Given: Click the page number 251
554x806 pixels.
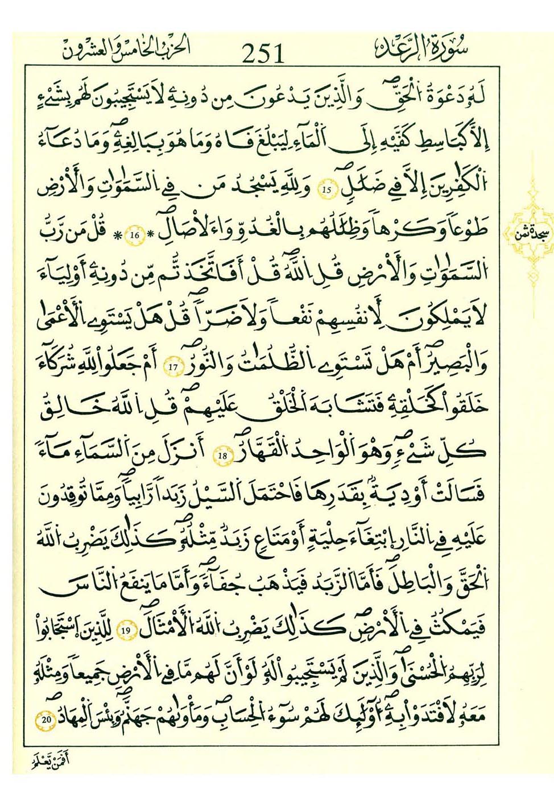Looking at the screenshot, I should pyautogui.click(x=262, y=53).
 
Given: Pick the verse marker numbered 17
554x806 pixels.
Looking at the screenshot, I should pyautogui.click(x=173, y=367).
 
